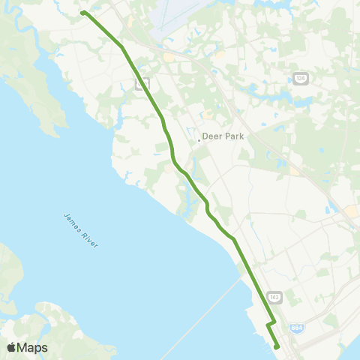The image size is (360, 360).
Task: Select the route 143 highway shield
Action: click(x=274, y=297)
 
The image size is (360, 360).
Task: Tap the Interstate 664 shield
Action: click(x=298, y=328)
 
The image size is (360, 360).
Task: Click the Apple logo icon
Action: click(x=12, y=347)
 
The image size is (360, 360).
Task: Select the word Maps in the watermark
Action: click(x=33, y=347)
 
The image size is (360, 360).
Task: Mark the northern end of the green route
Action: click(x=83, y=13)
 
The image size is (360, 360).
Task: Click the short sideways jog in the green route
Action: click(x=271, y=324)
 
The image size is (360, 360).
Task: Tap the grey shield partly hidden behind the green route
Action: click(x=140, y=83)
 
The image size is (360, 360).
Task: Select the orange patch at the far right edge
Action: click(x=352, y=212)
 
